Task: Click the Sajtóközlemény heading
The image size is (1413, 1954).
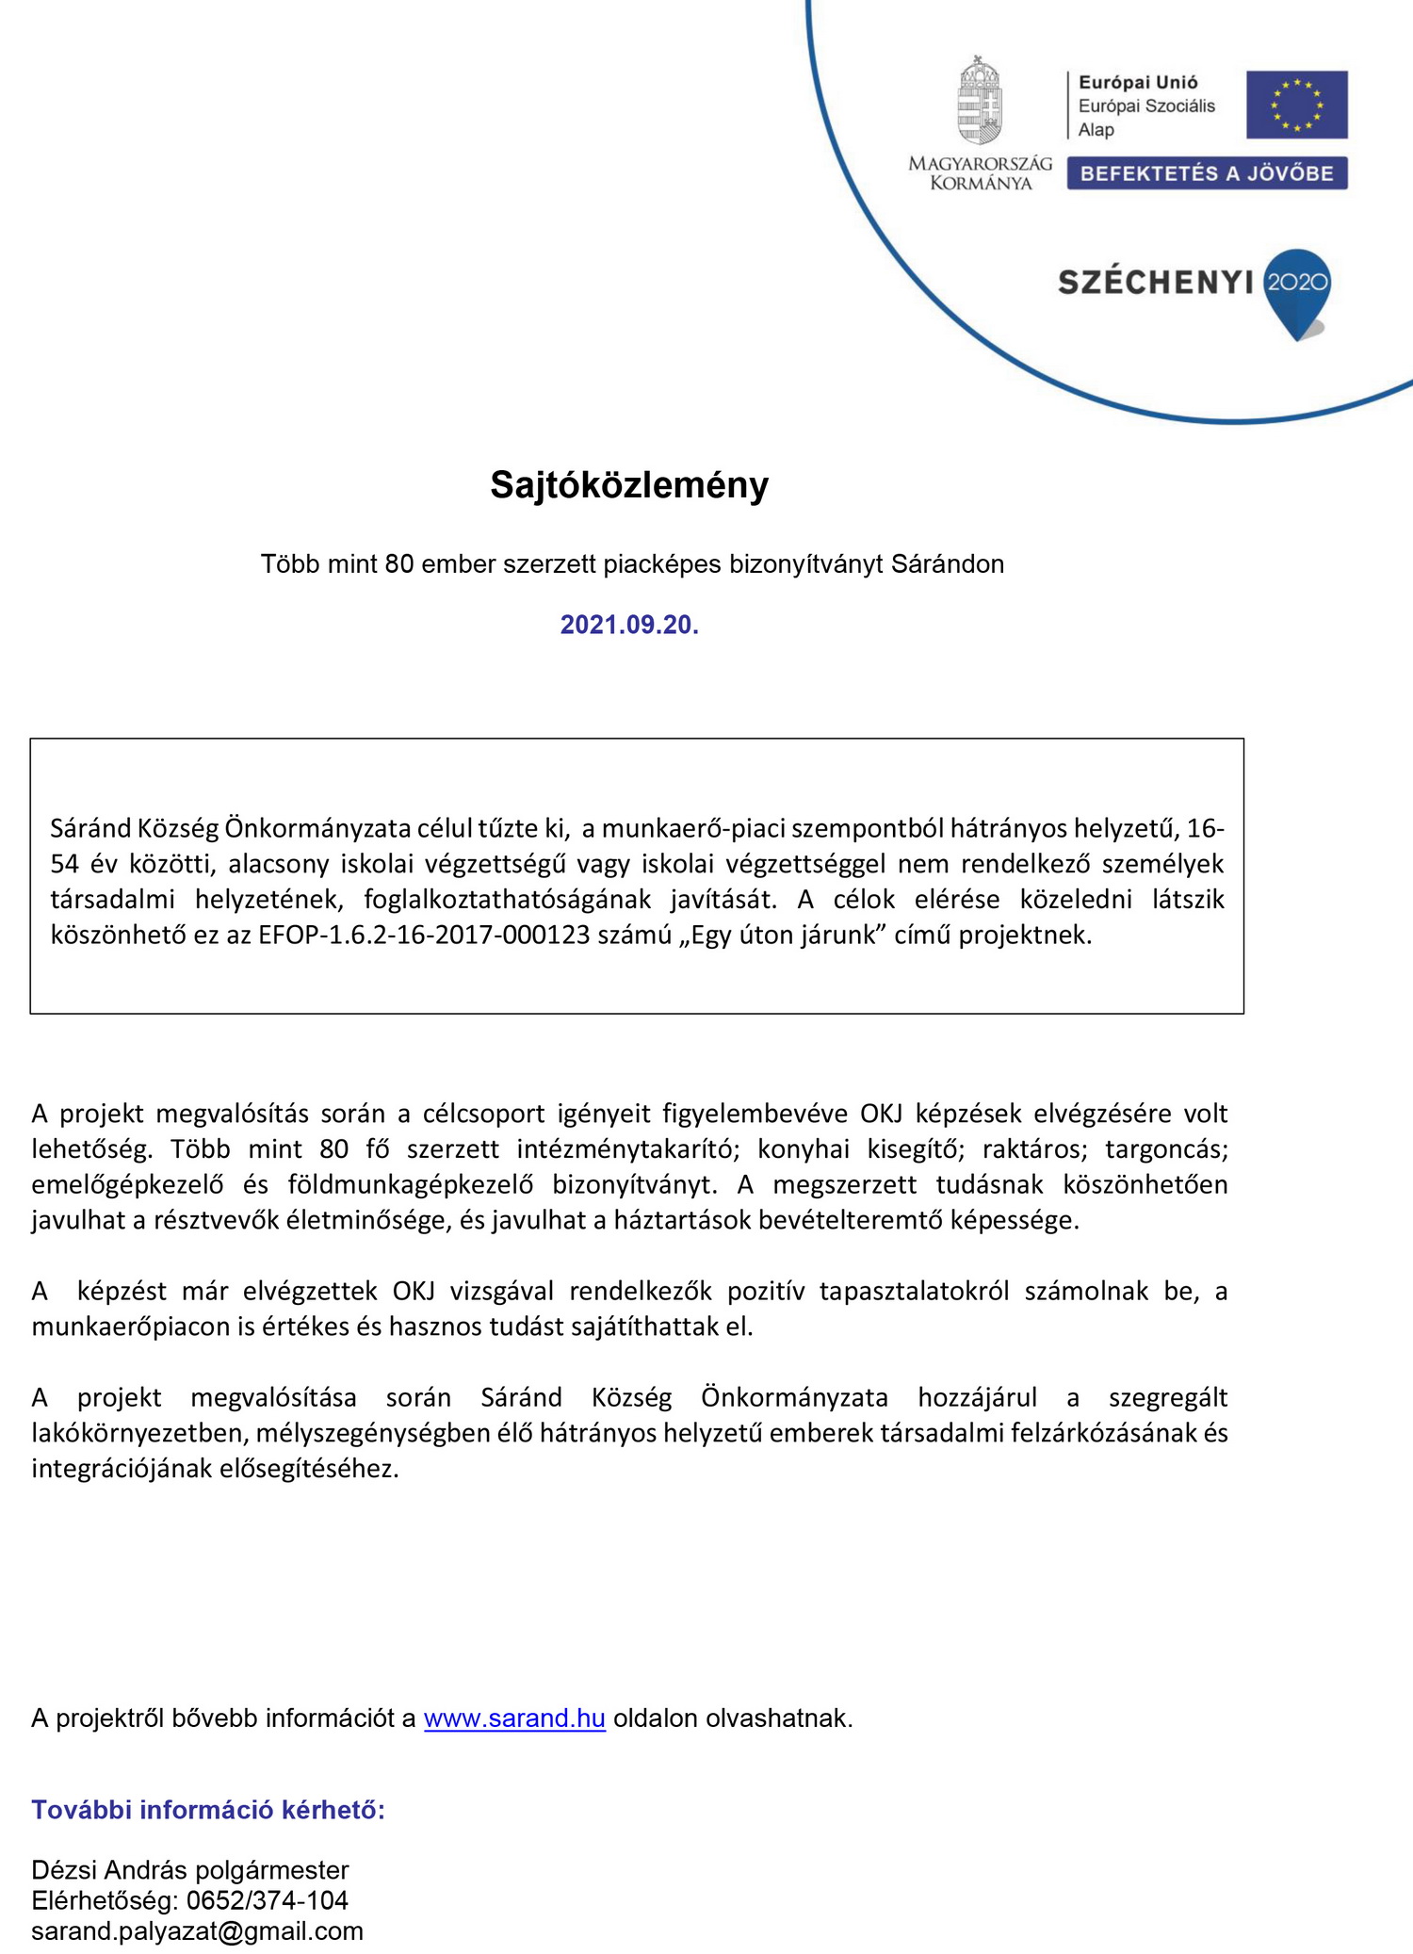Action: [629, 485]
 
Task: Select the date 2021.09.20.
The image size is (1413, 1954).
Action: [629, 625]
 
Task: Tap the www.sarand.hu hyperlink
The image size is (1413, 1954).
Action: [514, 1718]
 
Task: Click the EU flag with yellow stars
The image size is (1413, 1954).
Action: [1296, 105]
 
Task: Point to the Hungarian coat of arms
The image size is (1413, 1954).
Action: [980, 102]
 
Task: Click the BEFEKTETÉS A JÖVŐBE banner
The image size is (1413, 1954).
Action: [1207, 173]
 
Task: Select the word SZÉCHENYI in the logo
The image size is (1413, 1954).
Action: [1156, 282]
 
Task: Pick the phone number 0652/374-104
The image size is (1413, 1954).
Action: [268, 1900]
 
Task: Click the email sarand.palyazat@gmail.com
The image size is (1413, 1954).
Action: [197, 1930]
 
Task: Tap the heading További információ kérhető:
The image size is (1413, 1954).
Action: [208, 1810]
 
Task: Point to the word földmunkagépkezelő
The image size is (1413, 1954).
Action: [411, 1184]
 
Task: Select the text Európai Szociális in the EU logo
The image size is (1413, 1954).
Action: [1146, 106]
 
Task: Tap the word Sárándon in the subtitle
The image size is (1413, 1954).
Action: [948, 563]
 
